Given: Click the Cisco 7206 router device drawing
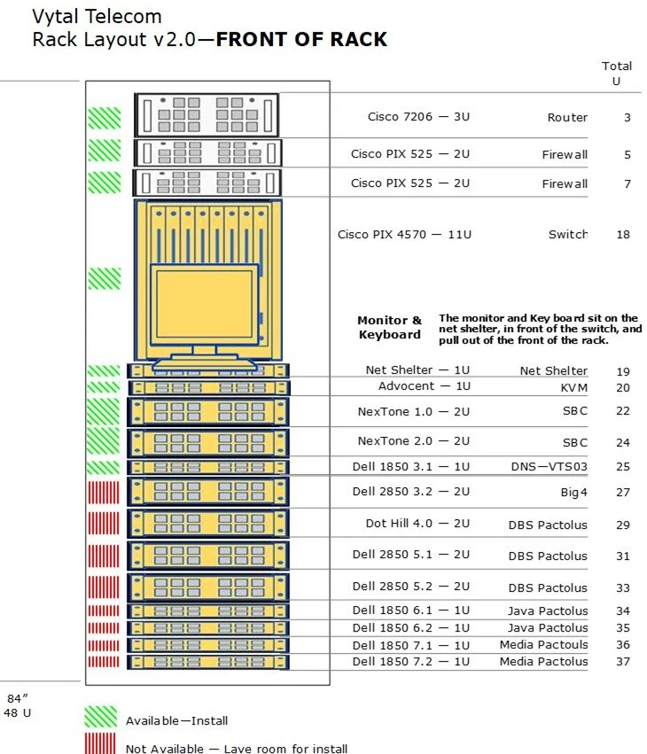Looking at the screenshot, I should coord(207,115).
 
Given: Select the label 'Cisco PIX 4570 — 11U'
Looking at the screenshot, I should coord(403,235).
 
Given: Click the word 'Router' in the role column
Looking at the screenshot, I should coord(567,118).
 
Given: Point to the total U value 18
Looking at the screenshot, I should coord(623,235).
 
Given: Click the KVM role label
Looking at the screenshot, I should coord(575,387).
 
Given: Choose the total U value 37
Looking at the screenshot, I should coord(623,662).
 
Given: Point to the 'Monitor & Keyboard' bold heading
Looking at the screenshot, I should coord(389,327).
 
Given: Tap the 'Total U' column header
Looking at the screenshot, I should coord(616,74).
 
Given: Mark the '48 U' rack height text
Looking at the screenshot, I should coord(19,712).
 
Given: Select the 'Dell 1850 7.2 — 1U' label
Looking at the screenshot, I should coord(410,662).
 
